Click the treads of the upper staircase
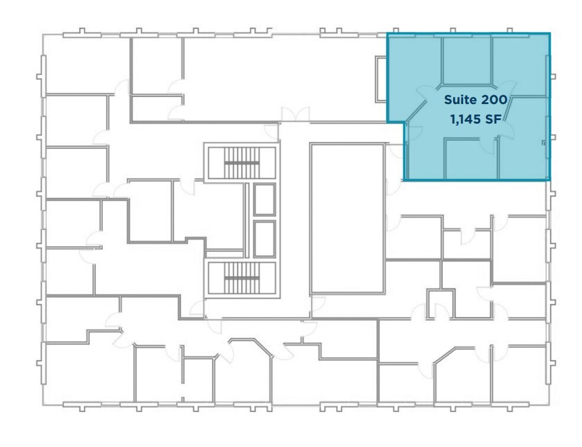point(241,158)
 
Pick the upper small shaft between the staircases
point(264,199)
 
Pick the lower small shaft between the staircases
point(264,239)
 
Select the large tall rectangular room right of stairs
point(347,218)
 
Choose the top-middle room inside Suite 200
point(467,59)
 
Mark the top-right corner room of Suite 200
point(520,62)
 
